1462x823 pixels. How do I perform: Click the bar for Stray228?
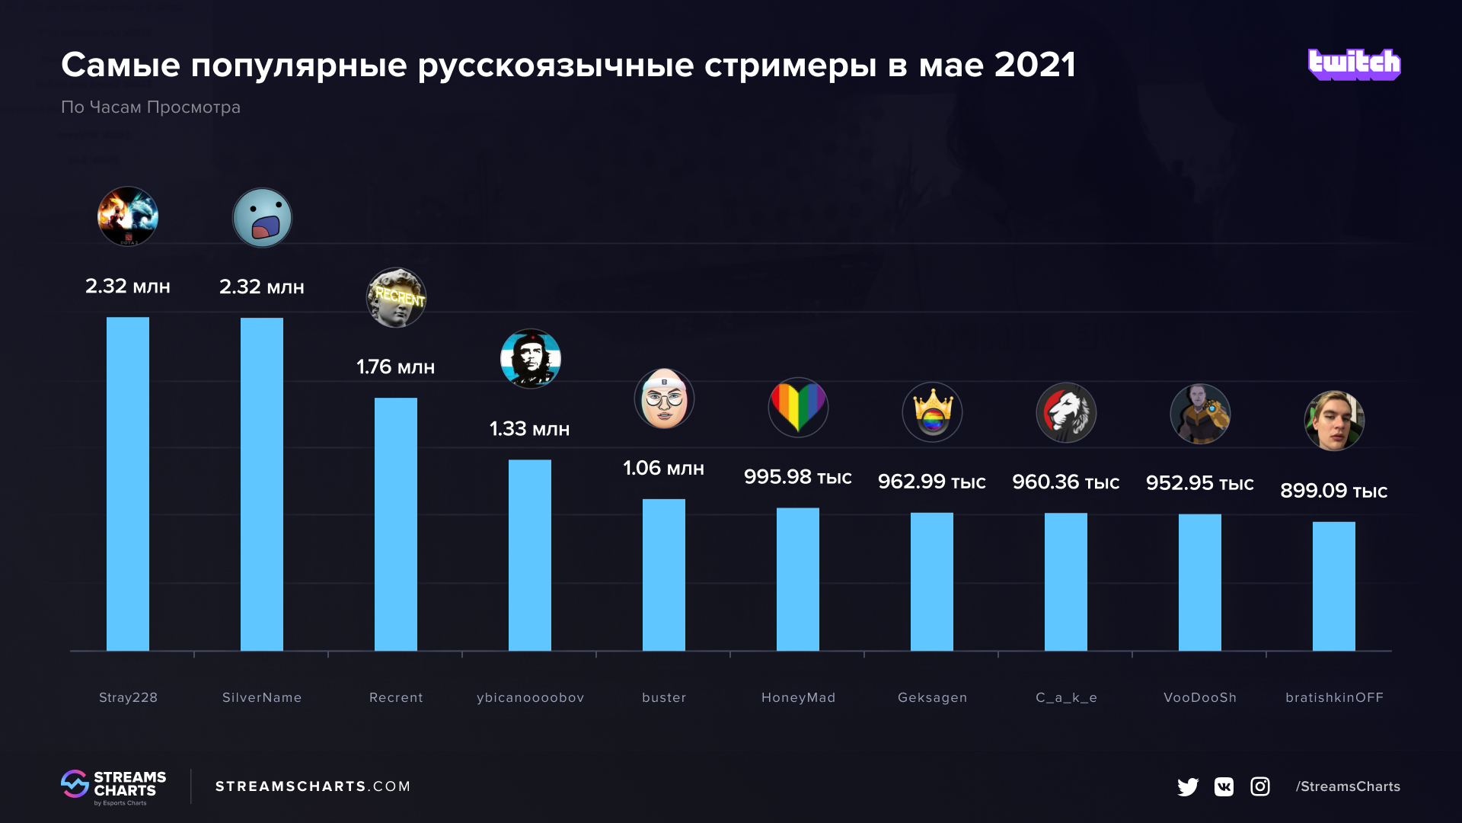[128, 484]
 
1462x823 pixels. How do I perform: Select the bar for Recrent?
[396, 524]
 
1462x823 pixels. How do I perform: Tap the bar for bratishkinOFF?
[1334, 586]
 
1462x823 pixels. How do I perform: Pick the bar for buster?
[664, 575]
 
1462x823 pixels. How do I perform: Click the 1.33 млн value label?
[529, 429]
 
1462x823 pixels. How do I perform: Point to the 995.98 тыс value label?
[797, 477]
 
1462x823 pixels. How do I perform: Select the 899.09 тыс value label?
[1333, 491]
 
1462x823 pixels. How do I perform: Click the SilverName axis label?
[262, 697]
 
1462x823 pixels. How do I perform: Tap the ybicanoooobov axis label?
[530, 697]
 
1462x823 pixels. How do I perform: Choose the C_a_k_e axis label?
[1066, 697]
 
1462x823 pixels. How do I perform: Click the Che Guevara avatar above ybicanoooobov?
[530, 359]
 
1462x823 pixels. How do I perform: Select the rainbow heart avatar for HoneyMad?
[798, 407]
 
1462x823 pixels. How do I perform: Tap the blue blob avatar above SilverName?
[262, 218]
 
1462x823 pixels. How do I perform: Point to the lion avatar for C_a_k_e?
[1066, 413]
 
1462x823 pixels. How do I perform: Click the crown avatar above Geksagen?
[932, 412]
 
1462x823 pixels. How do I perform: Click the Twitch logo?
[1354, 65]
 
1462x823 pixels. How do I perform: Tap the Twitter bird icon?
[1187, 786]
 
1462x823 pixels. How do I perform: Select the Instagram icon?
[1260, 786]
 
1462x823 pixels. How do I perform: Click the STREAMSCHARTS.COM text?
[313, 786]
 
